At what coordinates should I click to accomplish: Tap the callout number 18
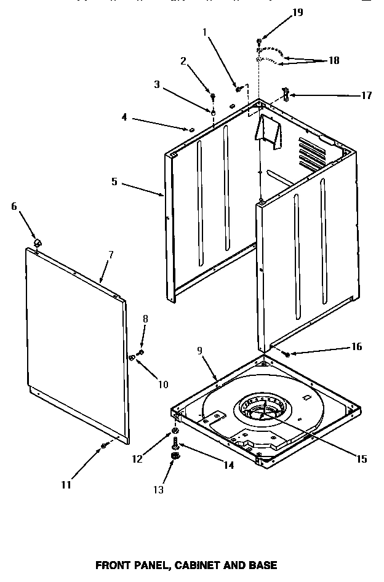tap(333, 60)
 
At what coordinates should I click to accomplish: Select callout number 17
tap(366, 95)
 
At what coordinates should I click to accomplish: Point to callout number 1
tap(204, 31)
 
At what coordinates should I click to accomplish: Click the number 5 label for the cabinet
tap(114, 183)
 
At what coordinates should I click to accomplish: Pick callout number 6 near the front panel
tap(14, 206)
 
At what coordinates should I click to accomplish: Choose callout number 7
tap(111, 255)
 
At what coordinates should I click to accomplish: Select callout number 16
tap(356, 347)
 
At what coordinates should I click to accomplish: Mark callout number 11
tap(66, 485)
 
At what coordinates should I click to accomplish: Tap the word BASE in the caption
tap(262, 565)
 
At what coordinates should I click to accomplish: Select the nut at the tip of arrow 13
tap(175, 456)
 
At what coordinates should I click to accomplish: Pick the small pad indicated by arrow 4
tap(191, 130)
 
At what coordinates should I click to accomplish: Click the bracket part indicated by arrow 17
tap(285, 94)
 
